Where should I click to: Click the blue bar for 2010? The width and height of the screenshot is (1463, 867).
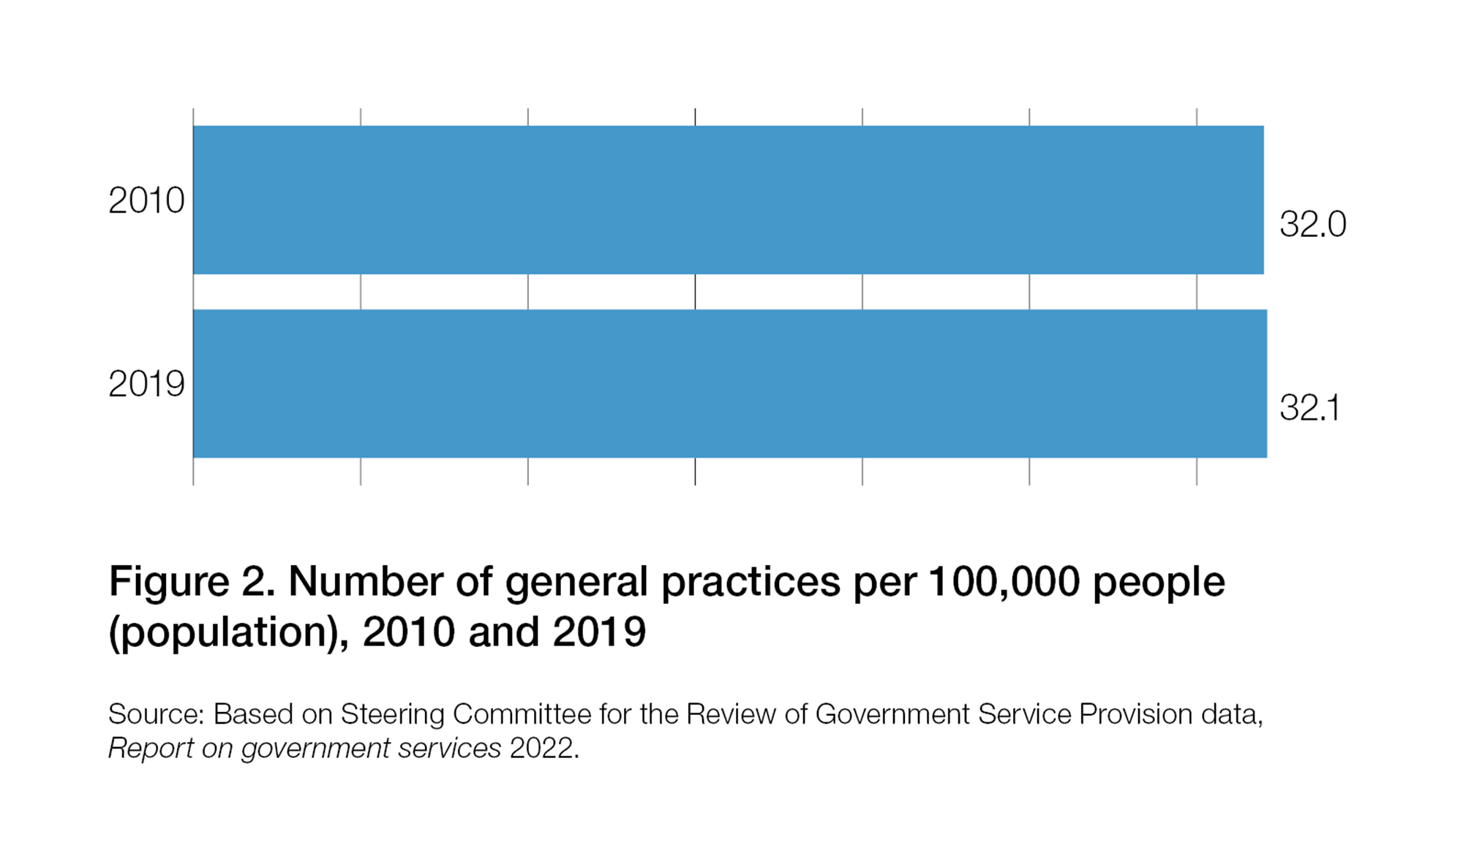pyautogui.click(x=728, y=200)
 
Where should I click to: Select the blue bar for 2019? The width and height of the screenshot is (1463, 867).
pyautogui.click(x=729, y=384)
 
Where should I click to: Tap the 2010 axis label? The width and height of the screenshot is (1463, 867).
pyautogui.click(x=146, y=200)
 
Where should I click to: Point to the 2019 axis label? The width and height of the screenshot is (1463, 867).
pyautogui.click(x=146, y=384)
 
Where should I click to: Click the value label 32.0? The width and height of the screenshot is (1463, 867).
pyautogui.click(x=1312, y=224)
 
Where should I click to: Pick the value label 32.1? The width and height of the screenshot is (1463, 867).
pyautogui.click(x=1309, y=408)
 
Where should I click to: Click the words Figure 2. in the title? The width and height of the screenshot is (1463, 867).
pyautogui.click(x=192, y=583)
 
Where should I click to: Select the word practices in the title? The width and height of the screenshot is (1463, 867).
pyautogui.click(x=751, y=583)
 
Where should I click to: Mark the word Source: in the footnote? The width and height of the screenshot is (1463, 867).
pyautogui.click(x=156, y=714)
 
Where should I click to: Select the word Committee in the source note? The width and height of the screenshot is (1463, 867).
pyautogui.click(x=522, y=714)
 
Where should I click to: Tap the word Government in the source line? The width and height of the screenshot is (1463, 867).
pyautogui.click(x=892, y=714)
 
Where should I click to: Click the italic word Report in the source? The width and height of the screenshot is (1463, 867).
pyautogui.click(x=150, y=749)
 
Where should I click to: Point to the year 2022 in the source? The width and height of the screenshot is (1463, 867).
pyautogui.click(x=541, y=749)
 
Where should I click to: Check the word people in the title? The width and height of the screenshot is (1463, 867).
pyautogui.click(x=1159, y=583)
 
